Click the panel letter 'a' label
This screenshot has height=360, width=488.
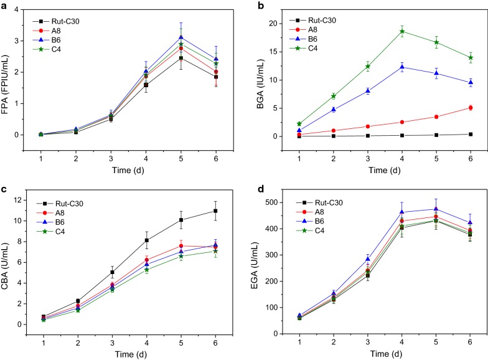pyautogui.click(x=5, y=6)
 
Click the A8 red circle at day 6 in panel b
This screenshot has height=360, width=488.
pyautogui.click(x=470, y=108)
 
